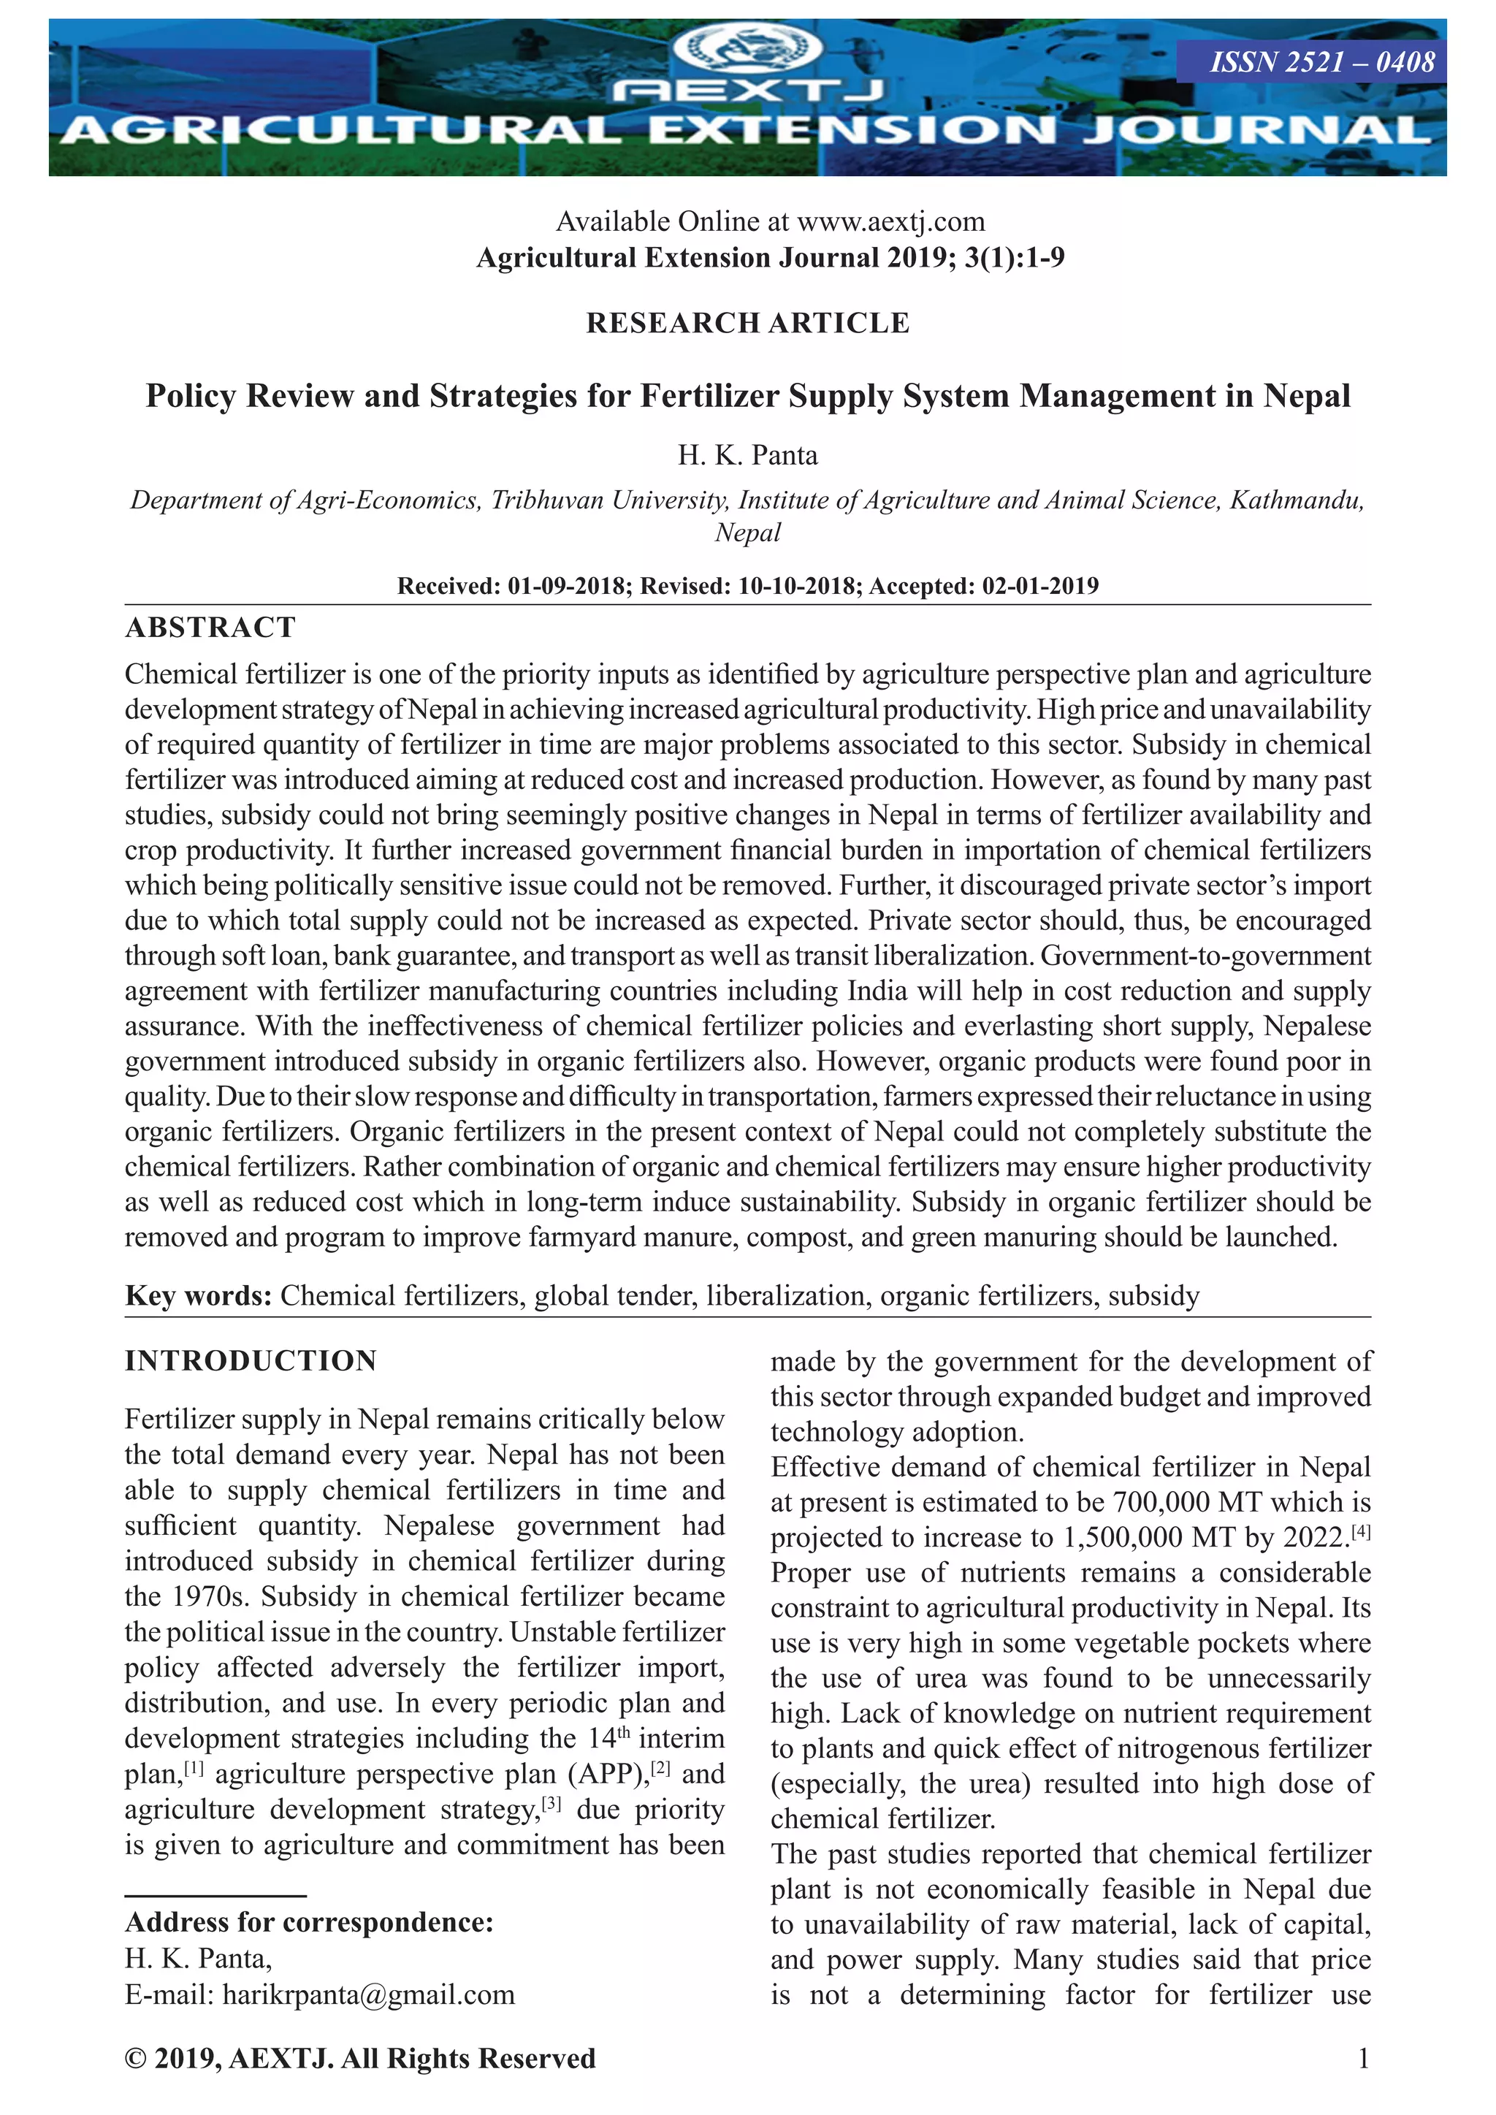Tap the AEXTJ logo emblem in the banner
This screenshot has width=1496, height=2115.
click(748, 48)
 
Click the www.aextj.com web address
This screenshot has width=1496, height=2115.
click(890, 222)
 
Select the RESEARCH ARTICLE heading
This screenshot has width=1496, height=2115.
click(747, 324)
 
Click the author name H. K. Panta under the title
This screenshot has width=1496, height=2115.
click(747, 455)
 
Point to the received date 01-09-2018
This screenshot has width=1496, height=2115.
click(565, 586)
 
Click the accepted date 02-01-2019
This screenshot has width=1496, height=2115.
click(1040, 586)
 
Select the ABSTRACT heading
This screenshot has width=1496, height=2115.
click(210, 628)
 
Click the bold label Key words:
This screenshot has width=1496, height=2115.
click(198, 1295)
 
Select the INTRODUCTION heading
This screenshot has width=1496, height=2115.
click(251, 1360)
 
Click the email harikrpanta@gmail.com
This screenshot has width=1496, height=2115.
click(368, 1994)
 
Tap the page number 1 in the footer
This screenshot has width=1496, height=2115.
click(1363, 2058)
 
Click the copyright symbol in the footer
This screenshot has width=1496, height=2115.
click(135, 2059)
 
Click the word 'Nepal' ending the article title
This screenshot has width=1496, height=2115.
click(1306, 396)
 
